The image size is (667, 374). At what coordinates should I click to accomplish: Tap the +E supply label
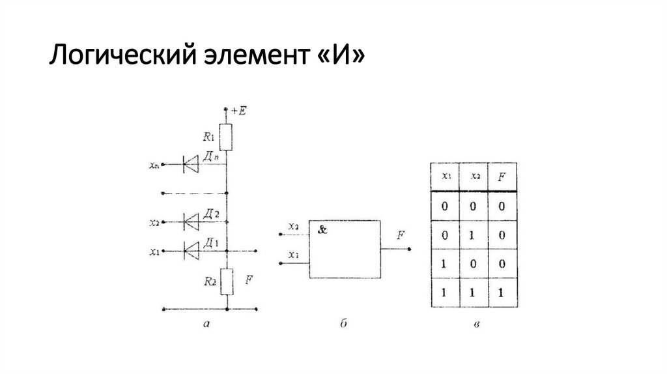tap(238, 111)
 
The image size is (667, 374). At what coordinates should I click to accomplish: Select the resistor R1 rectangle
tap(226, 137)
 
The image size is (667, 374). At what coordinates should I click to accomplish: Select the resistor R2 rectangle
tap(226, 281)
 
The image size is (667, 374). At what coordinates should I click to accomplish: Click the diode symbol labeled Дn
tap(192, 165)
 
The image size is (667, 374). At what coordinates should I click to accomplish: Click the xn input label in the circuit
tap(154, 165)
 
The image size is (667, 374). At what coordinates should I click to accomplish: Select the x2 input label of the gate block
tap(294, 226)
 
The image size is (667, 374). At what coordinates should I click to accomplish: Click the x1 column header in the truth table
tap(445, 176)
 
